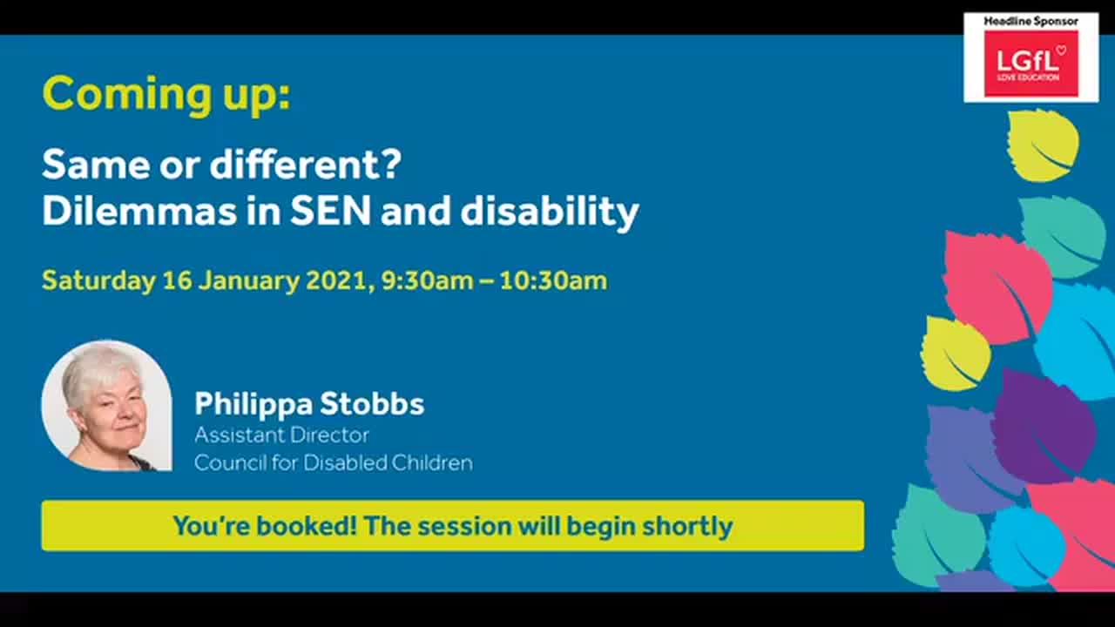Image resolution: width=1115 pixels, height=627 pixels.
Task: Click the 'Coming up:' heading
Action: (166, 95)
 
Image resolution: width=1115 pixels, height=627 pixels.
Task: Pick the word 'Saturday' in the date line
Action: (98, 281)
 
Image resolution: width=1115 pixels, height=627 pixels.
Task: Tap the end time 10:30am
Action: (553, 281)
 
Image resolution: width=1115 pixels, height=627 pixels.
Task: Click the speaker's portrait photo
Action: (106, 406)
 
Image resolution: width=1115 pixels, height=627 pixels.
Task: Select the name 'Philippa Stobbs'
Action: (309, 404)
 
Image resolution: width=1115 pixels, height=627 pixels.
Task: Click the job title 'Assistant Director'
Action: (281, 435)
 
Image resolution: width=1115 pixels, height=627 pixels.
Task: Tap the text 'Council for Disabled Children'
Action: (333, 462)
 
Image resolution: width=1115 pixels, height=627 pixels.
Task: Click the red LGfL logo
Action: (1031, 64)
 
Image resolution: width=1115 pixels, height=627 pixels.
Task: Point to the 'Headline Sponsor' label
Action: (1031, 21)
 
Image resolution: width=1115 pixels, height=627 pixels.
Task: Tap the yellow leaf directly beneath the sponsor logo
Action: (1043, 145)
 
